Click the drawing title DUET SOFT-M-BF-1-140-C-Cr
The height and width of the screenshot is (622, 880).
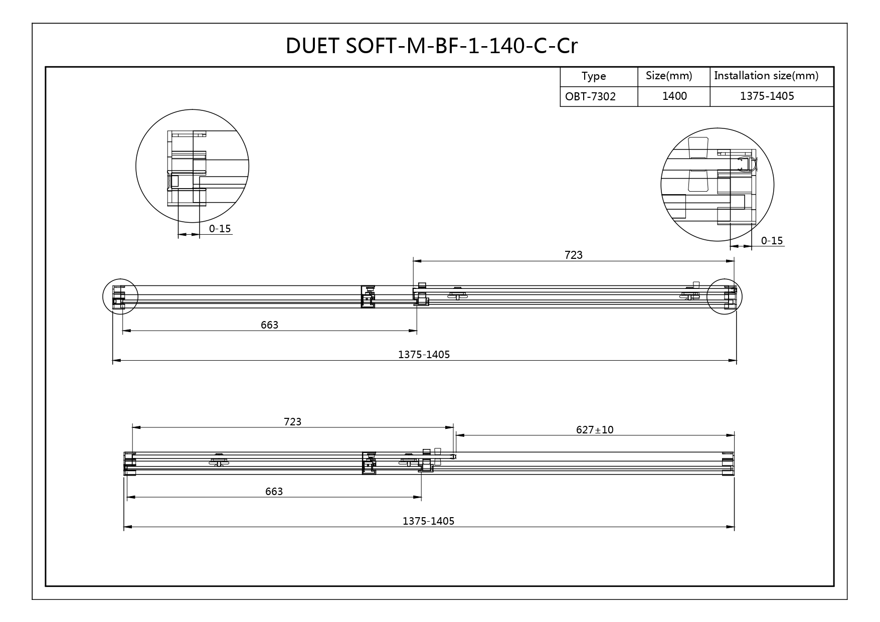(x=431, y=46)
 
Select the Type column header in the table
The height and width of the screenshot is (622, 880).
(x=594, y=76)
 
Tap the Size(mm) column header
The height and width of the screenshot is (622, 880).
(x=669, y=76)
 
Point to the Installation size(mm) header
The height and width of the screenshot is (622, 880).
(x=766, y=76)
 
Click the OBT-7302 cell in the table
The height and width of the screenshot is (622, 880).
(x=590, y=96)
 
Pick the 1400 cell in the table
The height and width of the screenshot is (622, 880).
(x=674, y=96)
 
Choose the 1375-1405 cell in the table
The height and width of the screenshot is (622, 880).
(x=767, y=96)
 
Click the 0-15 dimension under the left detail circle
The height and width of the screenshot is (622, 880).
(x=220, y=229)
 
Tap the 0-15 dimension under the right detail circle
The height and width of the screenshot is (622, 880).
(x=772, y=241)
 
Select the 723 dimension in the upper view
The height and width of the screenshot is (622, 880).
(x=574, y=255)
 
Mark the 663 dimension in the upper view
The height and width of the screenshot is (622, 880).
(x=269, y=325)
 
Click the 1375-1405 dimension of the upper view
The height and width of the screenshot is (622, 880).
(x=424, y=355)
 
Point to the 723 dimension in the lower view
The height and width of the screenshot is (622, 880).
(x=292, y=421)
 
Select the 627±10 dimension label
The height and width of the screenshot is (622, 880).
(x=595, y=429)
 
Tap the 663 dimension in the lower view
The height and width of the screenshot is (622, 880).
(x=274, y=491)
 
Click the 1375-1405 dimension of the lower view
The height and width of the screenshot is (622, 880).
(x=428, y=521)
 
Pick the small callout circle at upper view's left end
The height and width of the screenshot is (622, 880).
(x=120, y=296)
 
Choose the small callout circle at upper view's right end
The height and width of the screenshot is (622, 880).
(x=724, y=296)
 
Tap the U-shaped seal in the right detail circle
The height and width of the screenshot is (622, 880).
(x=748, y=164)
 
